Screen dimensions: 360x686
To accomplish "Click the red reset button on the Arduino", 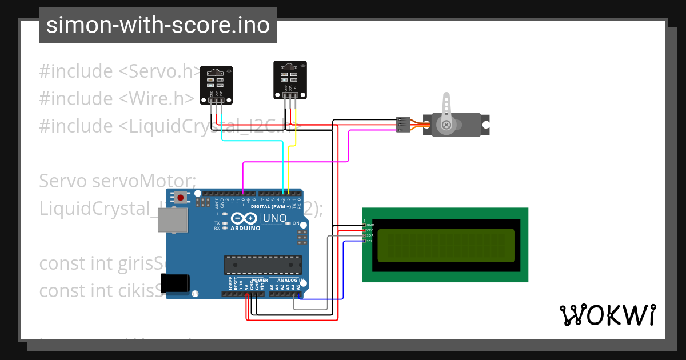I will coord(181,198).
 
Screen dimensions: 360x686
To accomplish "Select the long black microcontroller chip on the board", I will coord(262,265).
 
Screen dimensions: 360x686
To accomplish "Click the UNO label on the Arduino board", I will coord(274,218).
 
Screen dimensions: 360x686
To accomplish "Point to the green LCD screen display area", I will coord(446,245).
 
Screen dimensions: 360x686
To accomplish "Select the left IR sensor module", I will coord(216,86).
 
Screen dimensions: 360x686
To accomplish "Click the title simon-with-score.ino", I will coord(158,25).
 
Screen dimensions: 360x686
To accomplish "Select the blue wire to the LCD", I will coord(343,269).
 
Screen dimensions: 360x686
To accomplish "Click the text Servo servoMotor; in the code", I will coord(117,181).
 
